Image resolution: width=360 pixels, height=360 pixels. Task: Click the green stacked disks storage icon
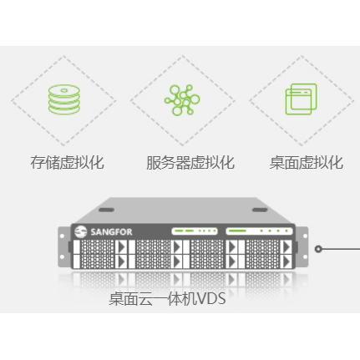coord(64,99)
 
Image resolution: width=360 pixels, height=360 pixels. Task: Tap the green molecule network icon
coord(182,100)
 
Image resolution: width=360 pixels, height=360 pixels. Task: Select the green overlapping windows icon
coord(302,99)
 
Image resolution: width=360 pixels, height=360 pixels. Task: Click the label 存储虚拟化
coord(67,163)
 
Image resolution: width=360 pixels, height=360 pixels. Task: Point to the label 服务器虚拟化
coord(190,163)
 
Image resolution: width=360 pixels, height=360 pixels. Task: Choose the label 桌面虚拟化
coord(306,163)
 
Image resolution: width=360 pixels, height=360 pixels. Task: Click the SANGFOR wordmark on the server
coord(111,232)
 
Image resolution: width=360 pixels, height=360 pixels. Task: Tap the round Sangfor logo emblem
coord(81,231)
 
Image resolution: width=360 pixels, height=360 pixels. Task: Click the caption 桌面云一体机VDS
coord(167,299)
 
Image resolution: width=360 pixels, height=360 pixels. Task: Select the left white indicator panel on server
coord(195,231)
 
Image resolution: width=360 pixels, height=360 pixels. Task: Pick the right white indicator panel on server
coord(259,231)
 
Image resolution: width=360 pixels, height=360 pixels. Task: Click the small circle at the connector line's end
coord(318,249)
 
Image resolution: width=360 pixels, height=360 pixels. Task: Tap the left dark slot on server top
coord(106,210)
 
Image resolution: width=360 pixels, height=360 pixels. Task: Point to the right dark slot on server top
coord(260,210)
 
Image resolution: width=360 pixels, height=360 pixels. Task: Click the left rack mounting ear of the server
coord(64,247)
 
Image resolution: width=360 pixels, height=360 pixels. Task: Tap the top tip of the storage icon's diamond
coord(63,55)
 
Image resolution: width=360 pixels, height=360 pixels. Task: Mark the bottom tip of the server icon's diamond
coord(182,145)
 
